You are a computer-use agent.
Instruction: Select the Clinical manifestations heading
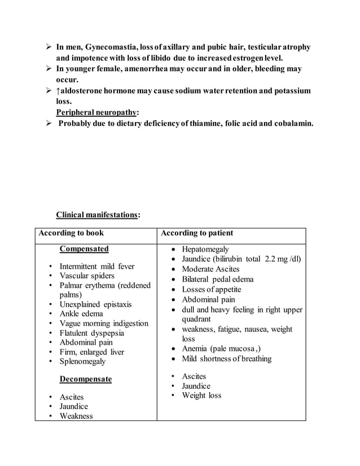(x=96, y=214)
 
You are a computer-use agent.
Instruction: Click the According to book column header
(x=71, y=233)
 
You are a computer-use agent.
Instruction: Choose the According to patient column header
(x=197, y=233)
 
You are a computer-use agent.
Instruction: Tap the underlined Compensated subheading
(x=84, y=249)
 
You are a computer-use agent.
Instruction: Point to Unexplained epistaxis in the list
(x=96, y=305)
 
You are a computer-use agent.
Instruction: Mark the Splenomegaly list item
(x=87, y=362)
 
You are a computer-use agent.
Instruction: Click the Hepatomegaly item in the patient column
(x=205, y=249)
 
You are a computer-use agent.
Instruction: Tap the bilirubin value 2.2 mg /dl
(x=283, y=259)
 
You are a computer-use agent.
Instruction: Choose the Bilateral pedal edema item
(x=217, y=279)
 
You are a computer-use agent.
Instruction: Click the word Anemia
(x=195, y=349)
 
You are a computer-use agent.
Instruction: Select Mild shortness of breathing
(x=226, y=359)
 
